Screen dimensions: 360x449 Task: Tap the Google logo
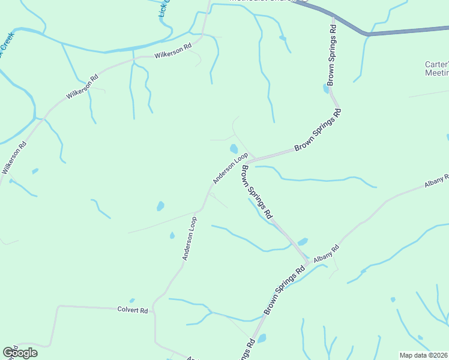click(x=20, y=352)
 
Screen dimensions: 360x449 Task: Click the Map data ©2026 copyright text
click(x=424, y=355)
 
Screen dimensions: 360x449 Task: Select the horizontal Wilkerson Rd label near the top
click(x=172, y=50)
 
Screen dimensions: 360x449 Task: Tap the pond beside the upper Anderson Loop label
click(x=233, y=149)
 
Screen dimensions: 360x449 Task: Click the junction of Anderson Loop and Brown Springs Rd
click(x=252, y=159)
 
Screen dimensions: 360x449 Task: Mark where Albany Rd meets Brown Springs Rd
click(x=308, y=261)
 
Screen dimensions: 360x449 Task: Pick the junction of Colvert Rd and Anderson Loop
click(x=154, y=309)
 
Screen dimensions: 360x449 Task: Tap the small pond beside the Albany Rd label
click(x=303, y=242)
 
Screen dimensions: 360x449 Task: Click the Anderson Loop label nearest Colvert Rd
click(x=190, y=238)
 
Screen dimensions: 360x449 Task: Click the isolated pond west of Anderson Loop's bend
click(x=160, y=206)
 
